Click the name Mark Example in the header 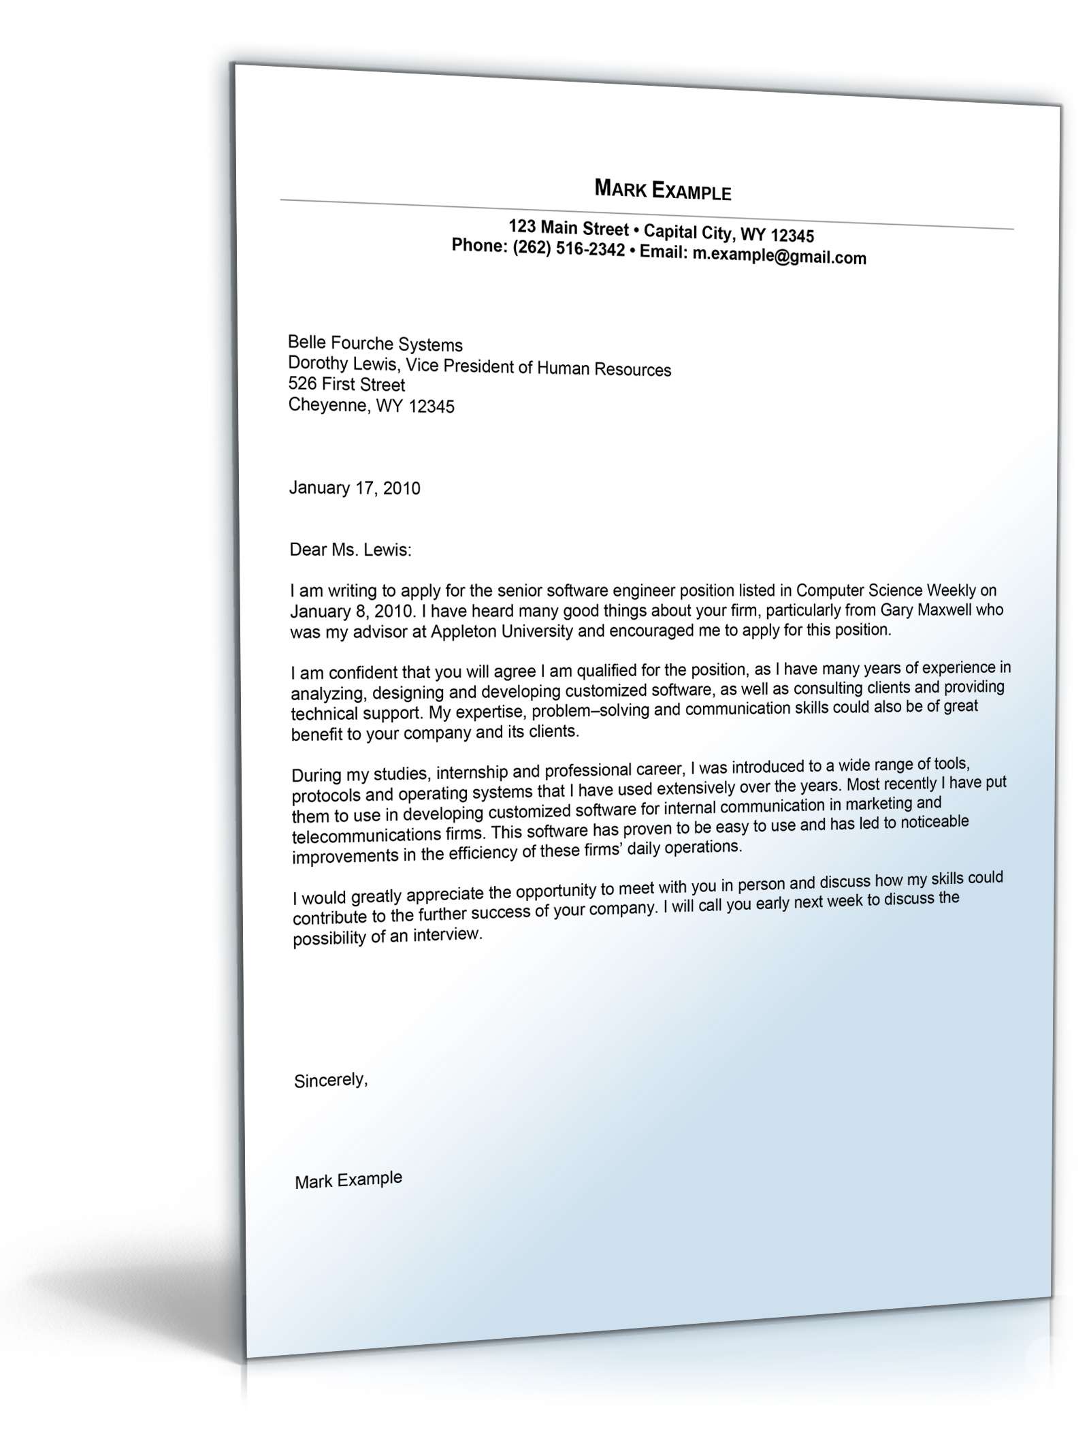tap(662, 190)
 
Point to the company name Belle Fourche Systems tap(375, 344)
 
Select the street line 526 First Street tap(346, 384)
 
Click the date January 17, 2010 tap(355, 488)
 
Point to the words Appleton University tap(502, 631)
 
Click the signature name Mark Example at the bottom tap(348, 1180)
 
